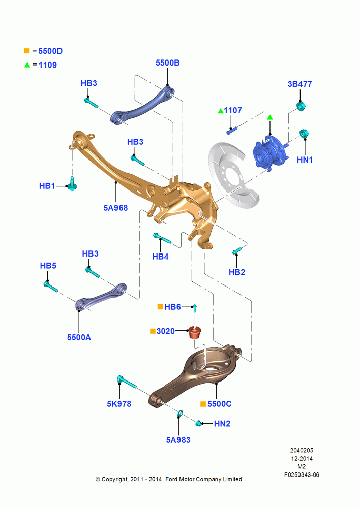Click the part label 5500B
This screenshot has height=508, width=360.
(167, 63)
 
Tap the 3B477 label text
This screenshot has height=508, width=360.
(299, 84)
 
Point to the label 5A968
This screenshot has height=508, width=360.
(115, 208)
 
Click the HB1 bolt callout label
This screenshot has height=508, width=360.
(47, 186)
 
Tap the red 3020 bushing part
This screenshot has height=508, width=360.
(195, 333)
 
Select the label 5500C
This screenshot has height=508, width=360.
(219, 404)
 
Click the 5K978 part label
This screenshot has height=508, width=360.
(119, 404)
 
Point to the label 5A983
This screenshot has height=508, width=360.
(178, 440)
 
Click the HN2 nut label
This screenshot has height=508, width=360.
(222, 424)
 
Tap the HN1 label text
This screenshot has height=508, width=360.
(305, 160)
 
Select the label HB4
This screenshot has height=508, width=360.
(160, 257)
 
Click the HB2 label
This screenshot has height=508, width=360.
(237, 272)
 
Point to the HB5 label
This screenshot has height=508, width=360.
(48, 266)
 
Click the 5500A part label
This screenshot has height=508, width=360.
(79, 338)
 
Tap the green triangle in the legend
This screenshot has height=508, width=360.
(27, 65)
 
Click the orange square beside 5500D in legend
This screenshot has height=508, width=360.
(27, 51)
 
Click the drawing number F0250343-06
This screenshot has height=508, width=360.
(302, 474)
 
